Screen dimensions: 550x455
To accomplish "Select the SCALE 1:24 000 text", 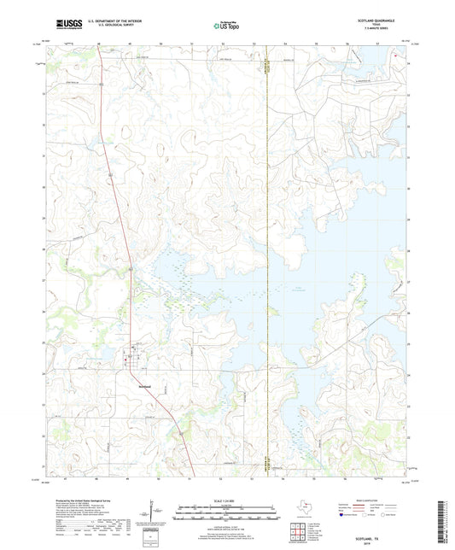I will click(226, 501).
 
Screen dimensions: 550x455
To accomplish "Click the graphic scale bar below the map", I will click(226, 515).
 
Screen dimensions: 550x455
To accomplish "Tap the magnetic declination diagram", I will click(152, 513).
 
